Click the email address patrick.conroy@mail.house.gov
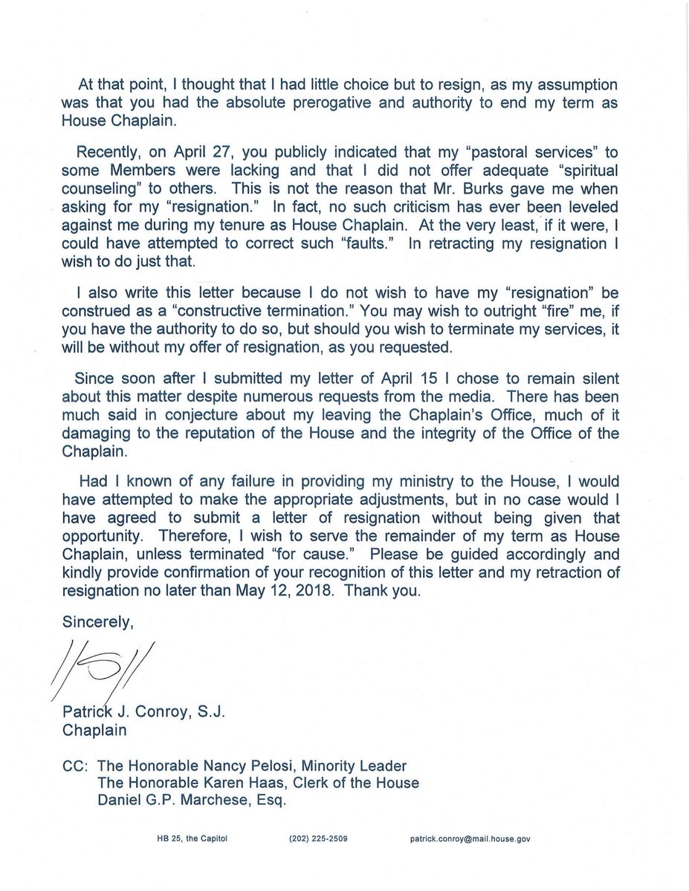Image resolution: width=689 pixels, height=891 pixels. (469, 840)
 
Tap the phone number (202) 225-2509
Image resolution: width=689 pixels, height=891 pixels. (317, 840)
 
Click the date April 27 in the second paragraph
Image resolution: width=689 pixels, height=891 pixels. (196, 151)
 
